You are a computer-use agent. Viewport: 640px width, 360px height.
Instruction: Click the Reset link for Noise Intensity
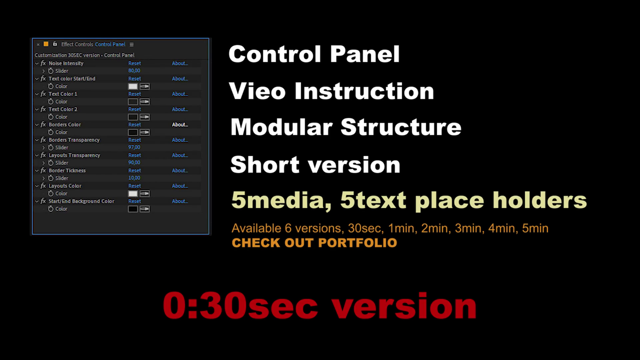click(x=135, y=63)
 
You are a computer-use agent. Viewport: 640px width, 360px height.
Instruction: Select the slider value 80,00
click(x=134, y=71)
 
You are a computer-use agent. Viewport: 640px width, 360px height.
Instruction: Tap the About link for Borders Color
click(x=180, y=125)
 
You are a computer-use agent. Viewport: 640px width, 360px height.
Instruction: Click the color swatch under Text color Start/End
click(x=133, y=86)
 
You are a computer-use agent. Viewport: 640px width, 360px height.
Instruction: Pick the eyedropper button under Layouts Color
click(x=145, y=194)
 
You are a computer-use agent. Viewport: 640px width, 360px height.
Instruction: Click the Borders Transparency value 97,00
click(x=134, y=147)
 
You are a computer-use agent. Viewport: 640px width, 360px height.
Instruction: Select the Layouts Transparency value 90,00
click(x=134, y=163)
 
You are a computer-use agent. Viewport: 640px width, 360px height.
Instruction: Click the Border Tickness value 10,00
click(x=134, y=178)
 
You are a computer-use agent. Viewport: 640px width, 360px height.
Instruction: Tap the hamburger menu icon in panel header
click(x=132, y=44)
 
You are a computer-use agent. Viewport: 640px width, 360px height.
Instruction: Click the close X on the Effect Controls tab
click(x=38, y=44)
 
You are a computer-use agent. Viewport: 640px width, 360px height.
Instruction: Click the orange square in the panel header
click(x=46, y=44)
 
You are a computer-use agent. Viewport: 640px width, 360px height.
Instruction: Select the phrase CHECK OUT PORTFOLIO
click(x=314, y=243)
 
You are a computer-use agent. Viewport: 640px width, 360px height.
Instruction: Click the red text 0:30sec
click(x=240, y=306)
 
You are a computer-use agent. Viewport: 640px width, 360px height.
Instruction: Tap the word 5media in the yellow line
click(x=281, y=200)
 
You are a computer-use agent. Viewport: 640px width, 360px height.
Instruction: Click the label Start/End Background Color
click(x=81, y=201)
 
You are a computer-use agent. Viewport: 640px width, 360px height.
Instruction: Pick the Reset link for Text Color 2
click(x=135, y=109)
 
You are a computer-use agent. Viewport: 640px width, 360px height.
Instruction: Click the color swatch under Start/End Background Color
click(x=133, y=209)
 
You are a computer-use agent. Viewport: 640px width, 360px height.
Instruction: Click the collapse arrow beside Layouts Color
click(x=37, y=186)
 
